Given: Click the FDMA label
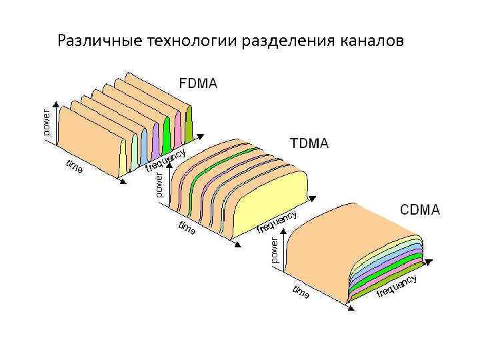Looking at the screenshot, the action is point(198,84).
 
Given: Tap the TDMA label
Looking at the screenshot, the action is point(308,143).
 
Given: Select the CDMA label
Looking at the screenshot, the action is point(419,210).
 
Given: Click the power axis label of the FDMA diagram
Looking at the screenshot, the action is point(46,122).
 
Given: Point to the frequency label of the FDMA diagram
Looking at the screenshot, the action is point(165,159).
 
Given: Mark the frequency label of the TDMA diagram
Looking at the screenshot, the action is point(276,222).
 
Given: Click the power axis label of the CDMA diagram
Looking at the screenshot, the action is point(273,249).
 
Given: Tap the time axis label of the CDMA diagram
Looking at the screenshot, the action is point(301,291).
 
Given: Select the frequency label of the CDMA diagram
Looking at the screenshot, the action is point(397,285).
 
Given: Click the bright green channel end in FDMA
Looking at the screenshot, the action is point(167,130).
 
